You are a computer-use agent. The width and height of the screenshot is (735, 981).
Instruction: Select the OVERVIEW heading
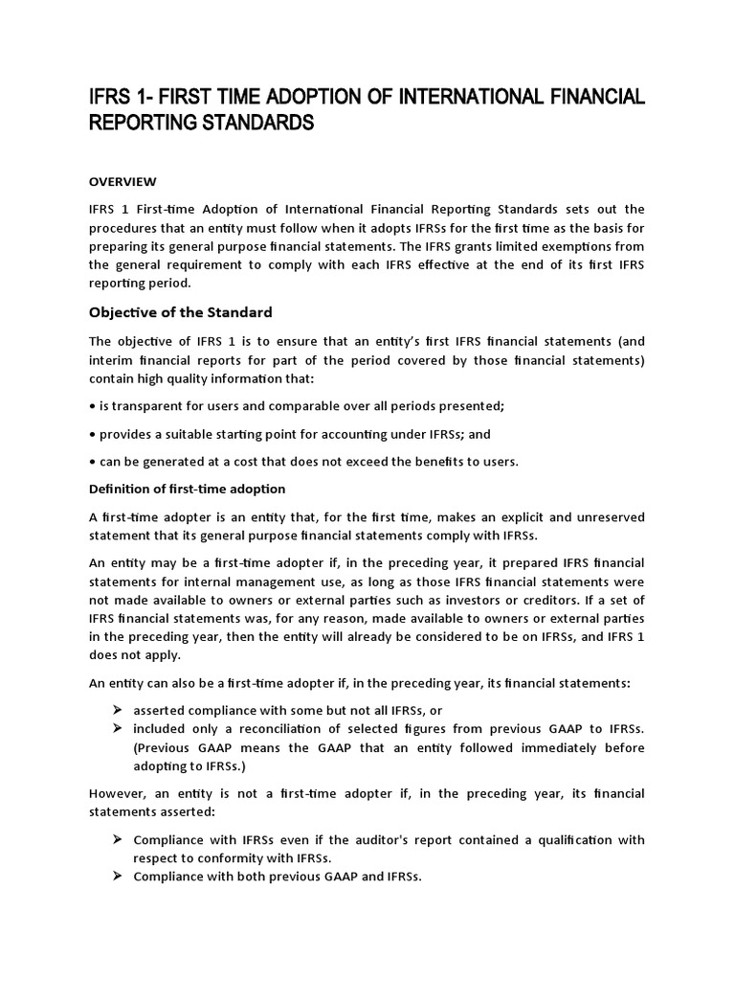tap(122, 181)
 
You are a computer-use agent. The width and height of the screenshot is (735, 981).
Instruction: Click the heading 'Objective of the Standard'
tap(181, 311)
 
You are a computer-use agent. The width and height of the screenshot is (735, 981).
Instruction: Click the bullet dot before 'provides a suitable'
tap(92, 434)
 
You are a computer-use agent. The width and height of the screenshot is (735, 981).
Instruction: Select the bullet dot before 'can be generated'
tap(92, 461)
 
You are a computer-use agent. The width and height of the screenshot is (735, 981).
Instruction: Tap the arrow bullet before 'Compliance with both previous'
tap(118, 877)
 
